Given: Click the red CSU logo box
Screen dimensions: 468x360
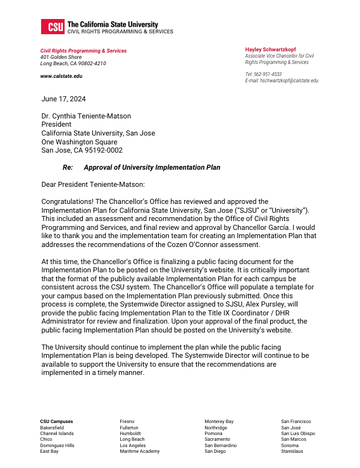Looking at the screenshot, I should pyautogui.click(x=51, y=27).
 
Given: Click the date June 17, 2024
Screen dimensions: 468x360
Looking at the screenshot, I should pyautogui.click(x=63, y=99).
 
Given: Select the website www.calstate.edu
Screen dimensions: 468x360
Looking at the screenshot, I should pyautogui.click(x=61, y=76).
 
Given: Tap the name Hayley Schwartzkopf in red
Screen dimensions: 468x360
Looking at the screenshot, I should pyautogui.click(x=270, y=49).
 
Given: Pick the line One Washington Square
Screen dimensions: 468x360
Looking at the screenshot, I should pyautogui.click(x=79, y=142).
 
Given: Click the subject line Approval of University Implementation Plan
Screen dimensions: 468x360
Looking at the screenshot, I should pyautogui.click(x=152, y=168).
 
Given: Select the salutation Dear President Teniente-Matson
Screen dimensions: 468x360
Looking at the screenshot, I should pyautogui.click(x=93, y=185).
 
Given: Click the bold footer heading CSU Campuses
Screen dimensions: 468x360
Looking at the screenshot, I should pyautogui.click(x=56, y=421).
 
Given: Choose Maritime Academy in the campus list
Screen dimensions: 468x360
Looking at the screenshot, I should pyautogui.click(x=139, y=452).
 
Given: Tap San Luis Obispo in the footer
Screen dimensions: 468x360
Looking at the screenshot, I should pyautogui.click(x=298, y=434).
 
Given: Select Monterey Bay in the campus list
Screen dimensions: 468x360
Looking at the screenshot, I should pyautogui.click(x=219, y=421).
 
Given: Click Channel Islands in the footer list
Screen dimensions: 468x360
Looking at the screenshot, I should pyautogui.click(x=57, y=434).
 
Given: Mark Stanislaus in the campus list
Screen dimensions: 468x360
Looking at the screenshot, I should pyautogui.click(x=292, y=452).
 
